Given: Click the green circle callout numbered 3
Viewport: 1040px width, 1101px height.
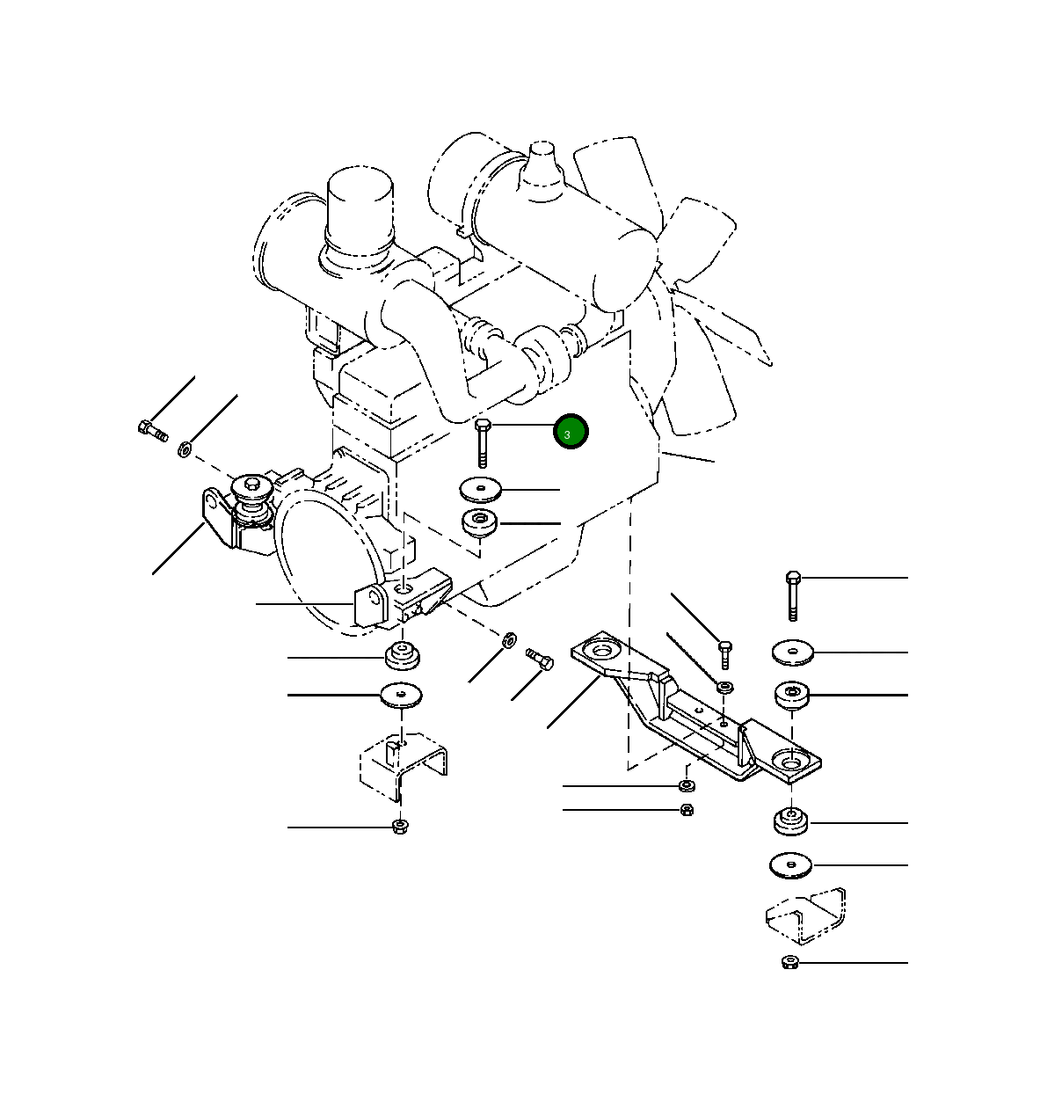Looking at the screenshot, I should (570, 433).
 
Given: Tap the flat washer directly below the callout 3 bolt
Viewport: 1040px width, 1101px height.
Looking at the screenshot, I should (480, 489).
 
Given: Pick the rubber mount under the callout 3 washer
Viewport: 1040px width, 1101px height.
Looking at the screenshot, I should (480, 522).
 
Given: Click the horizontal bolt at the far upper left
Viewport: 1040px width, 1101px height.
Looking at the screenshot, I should (152, 430).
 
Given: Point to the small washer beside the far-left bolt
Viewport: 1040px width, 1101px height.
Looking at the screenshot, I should (185, 449).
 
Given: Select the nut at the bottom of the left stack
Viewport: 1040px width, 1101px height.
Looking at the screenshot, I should (400, 826).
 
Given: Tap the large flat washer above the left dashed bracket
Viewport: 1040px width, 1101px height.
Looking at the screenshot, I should (402, 696).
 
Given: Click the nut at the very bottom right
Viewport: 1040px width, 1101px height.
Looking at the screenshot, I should (789, 962).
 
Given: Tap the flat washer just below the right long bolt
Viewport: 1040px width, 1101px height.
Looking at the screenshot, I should (793, 653).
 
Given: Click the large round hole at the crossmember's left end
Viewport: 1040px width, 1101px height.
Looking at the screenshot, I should (602, 653).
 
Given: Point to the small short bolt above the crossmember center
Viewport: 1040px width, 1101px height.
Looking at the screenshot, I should (724, 654).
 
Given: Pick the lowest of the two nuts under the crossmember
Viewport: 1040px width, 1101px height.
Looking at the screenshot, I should (687, 809).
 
